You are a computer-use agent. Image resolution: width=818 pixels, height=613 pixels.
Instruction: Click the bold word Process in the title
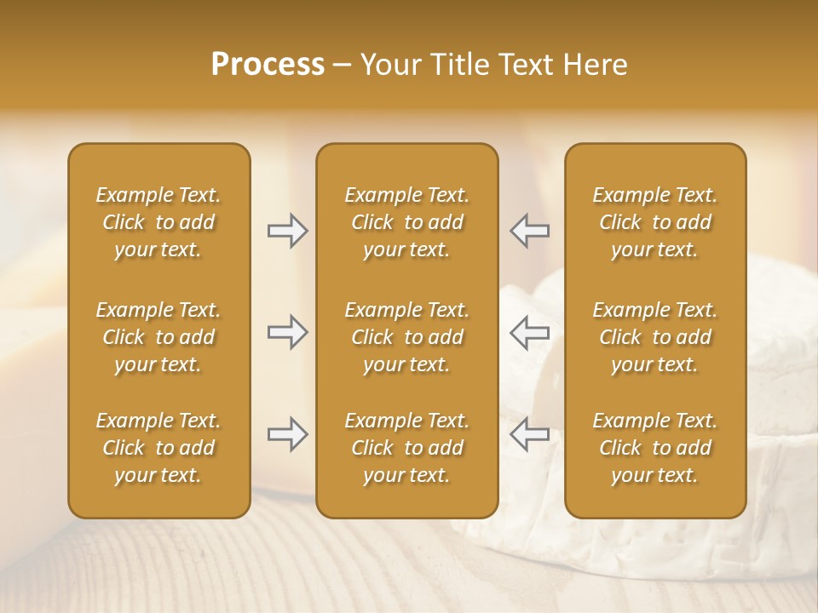[268, 64]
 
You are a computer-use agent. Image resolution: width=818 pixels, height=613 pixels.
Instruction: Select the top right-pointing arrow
[287, 231]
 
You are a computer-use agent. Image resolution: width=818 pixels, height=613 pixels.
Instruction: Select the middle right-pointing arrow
[287, 332]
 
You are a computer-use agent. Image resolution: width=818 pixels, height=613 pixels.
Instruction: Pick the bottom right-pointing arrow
[287, 434]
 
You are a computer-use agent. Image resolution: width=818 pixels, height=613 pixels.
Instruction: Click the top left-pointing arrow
[529, 231]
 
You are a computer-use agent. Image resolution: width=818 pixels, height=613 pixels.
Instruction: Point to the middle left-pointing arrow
[529, 332]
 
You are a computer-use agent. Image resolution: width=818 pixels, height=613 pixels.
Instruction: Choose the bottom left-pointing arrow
[529, 434]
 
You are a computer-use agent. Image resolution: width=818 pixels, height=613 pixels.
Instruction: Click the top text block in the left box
[158, 222]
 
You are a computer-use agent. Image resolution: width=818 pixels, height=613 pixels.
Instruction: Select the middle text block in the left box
[158, 337]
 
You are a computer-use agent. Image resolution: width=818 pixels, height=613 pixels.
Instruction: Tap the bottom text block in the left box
[158, 448]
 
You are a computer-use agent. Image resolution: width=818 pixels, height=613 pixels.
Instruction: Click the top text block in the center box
[406, 222]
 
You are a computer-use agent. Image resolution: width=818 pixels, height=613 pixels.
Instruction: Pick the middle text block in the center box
[406, 337]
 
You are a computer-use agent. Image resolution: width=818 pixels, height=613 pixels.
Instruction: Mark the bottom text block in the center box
[406, 448]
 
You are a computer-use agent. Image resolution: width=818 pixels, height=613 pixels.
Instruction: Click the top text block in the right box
[654, 222]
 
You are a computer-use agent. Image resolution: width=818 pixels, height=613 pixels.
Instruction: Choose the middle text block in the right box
[654, 337]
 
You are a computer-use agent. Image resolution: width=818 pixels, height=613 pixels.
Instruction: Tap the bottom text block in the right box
[654, 448]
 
